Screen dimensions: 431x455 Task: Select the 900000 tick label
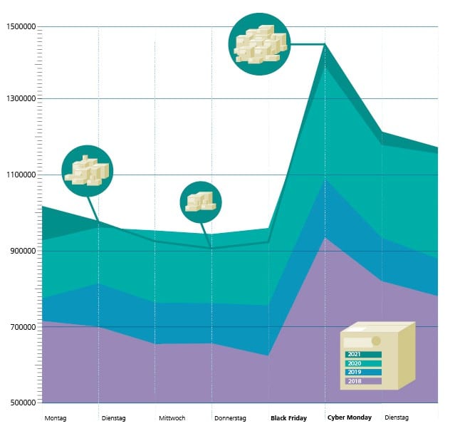coord(21,251)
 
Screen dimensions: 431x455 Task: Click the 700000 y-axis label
coord(21,327)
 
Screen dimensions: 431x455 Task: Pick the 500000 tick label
coord(21,403)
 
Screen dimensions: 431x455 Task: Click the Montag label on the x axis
coord(55,418)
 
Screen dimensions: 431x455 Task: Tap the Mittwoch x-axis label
coord(172,418)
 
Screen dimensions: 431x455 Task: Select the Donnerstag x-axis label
coord(230,418)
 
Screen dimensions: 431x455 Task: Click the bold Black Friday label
coord(288,418)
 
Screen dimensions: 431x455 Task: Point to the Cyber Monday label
coord(349,418)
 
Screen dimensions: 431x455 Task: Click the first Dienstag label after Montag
coord(114,418)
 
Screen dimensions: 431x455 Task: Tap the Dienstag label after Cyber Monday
coord(397,418)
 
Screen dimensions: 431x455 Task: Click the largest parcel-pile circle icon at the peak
coord(259,43)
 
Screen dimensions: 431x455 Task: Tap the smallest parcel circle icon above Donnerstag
coord(201,202)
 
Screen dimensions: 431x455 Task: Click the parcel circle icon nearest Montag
coord(88,171)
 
